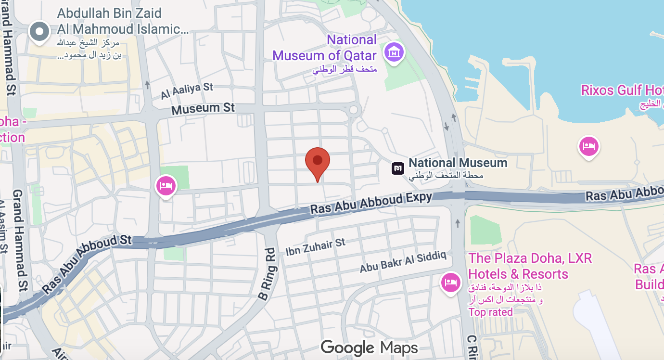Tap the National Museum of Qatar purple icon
click(394, 51)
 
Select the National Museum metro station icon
click(398, 168)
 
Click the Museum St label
click(203, 109)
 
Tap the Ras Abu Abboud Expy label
click(371, 203)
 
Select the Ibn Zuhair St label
click(315, 247)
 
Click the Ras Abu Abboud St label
click(87, 264)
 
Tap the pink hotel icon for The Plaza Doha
click(450, 282)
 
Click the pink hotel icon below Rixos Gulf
click(588, 146)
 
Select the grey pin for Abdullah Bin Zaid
click(39, 32)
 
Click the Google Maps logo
click(369, 347)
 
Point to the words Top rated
click(490, 312)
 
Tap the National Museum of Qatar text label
click(325, 48)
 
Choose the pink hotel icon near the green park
click(166, 185)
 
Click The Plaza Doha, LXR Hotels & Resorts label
click(530, 266)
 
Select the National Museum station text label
click(458, 163)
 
